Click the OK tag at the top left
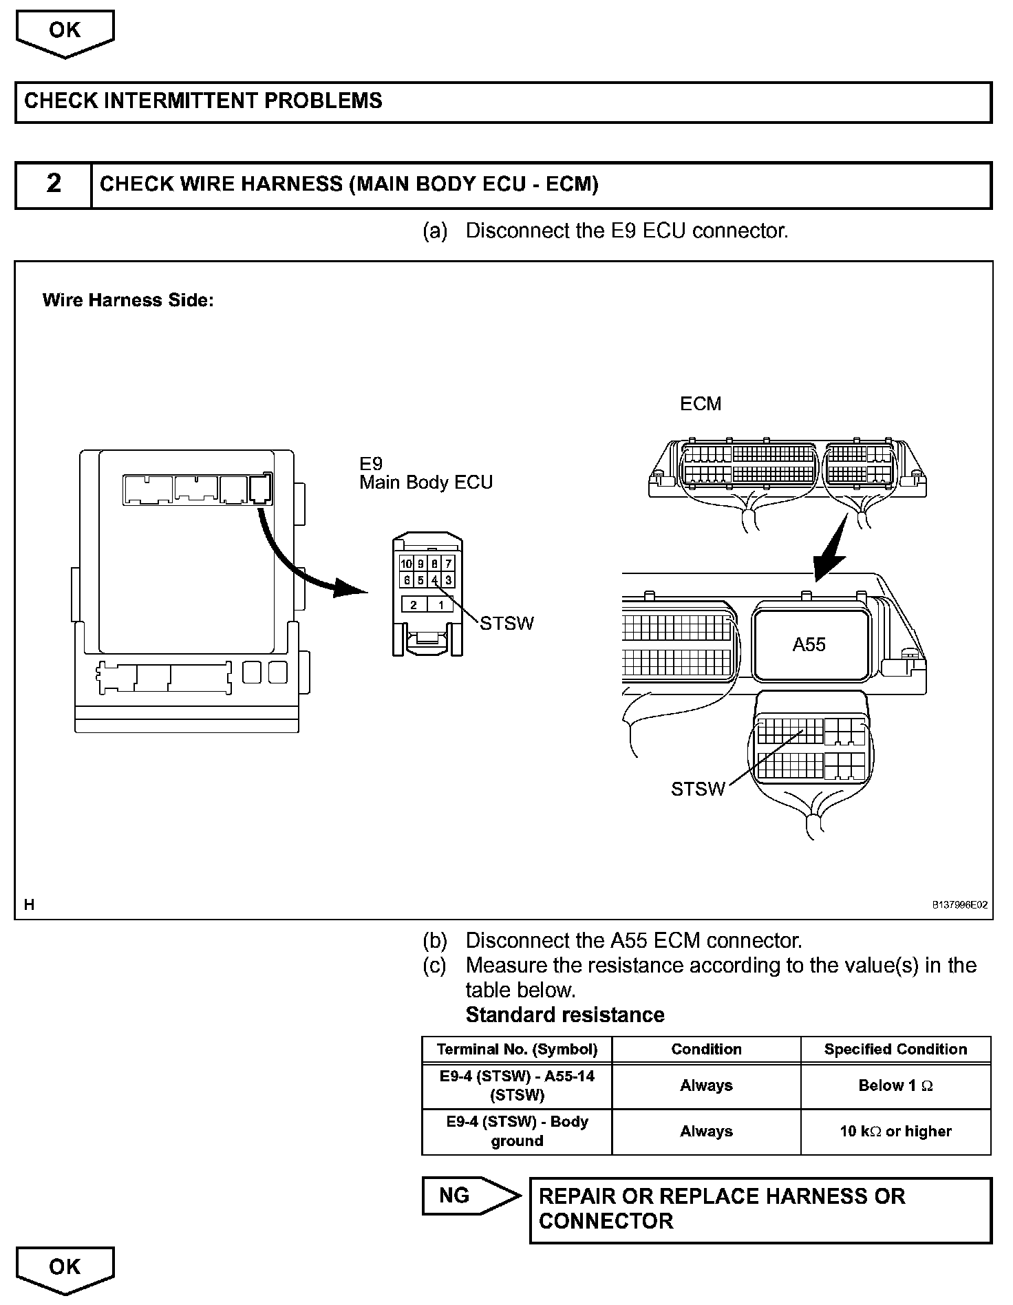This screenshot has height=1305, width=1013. click(x=65, y=32)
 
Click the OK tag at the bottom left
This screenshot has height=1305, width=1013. click(x=65, y=1267)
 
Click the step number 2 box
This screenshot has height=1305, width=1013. click(x=54, y=184)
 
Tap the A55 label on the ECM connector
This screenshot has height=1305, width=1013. click(x=809, y=645)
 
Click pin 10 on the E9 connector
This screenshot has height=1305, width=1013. click(x=406, y=564)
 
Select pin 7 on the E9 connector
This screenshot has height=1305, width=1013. click(x=448, y=564)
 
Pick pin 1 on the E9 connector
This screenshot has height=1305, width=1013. click(x=440, y=605)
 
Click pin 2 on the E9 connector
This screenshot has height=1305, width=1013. click(x=414, y=605)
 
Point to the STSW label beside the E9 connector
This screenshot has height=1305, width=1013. click(x=506, y=624)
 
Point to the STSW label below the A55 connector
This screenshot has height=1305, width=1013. click(x=698, y=789)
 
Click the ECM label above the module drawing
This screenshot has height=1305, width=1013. click(x=701, y=404)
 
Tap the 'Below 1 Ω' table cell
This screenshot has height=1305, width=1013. click(x=895, y=1085)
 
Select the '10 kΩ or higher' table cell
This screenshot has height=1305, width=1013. click(x=895, y=1131)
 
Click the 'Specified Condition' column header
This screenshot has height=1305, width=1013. click(x=895, y=1049)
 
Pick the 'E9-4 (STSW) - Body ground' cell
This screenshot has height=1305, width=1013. click(x=517, y=1131)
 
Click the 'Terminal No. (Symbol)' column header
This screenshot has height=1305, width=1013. click(x=517, y=1049)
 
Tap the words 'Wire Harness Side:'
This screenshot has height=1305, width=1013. click(x=128, y=301)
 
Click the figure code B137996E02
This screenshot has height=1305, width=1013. click(x=959, y=905)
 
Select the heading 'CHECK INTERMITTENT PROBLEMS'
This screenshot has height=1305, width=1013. click(x=204, y=101)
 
